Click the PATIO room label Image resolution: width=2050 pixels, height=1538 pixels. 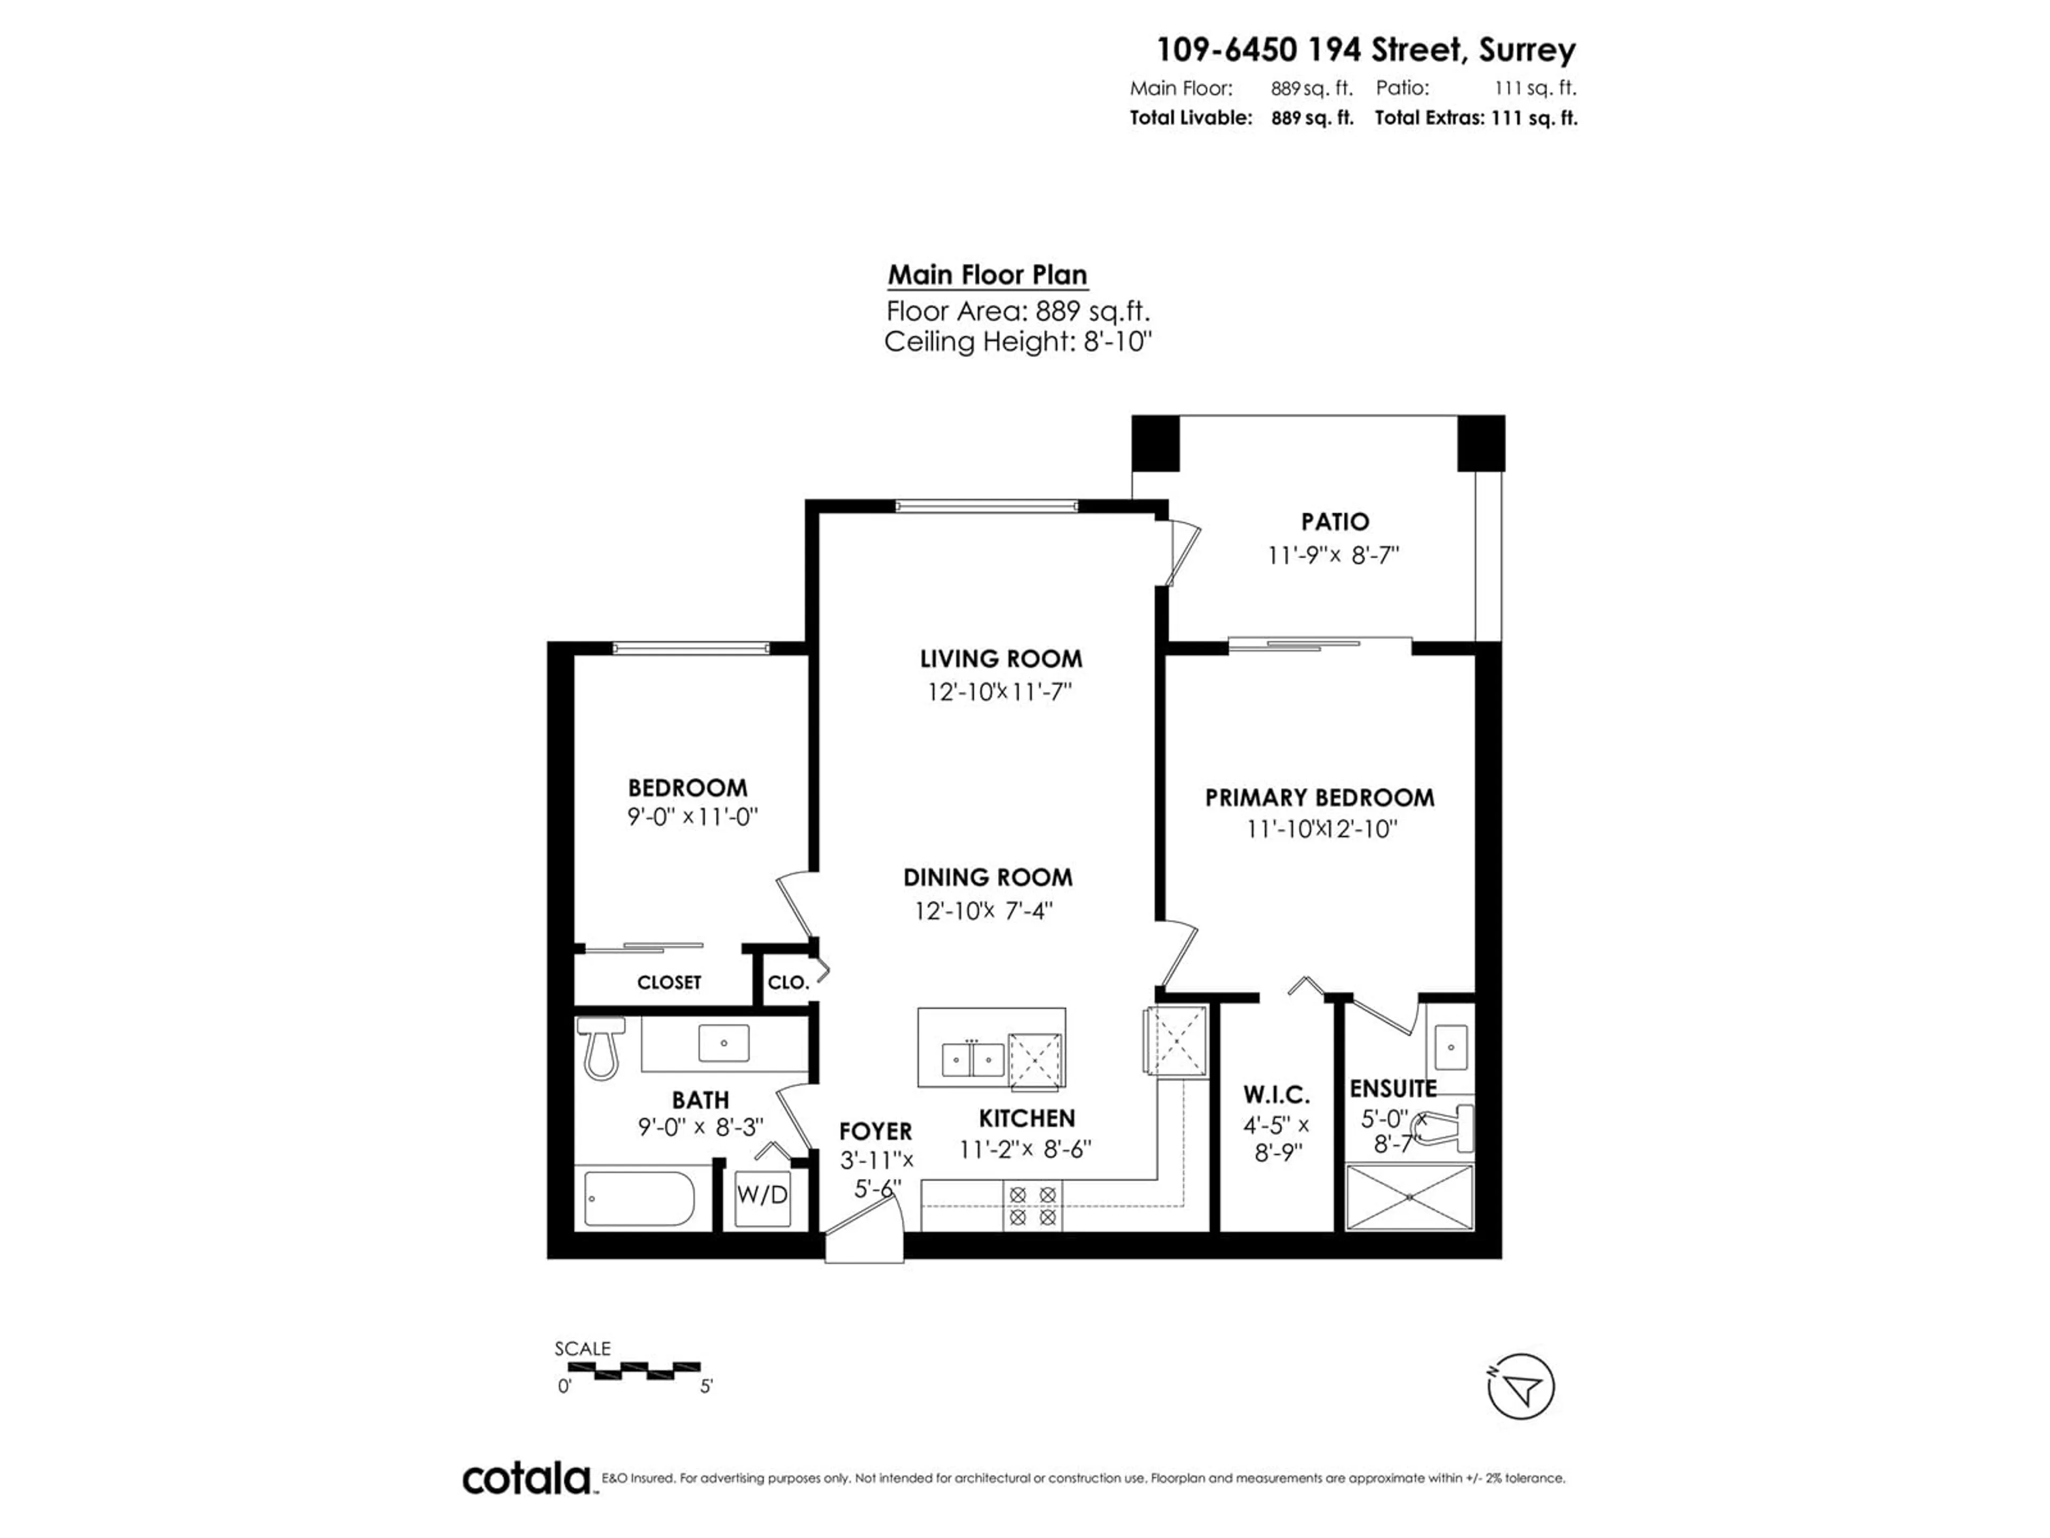pos(1335,522)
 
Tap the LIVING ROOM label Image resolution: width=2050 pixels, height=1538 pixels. pos(1001,659)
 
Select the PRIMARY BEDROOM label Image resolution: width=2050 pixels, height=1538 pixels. pos(1320,797)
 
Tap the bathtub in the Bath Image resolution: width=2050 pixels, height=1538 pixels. pos(640,1199)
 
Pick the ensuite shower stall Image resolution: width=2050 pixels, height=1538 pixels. pos(1409,1198)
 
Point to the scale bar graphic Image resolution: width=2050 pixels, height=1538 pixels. pos(627,1368)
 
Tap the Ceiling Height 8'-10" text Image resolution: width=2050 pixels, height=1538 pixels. pos(1018,342)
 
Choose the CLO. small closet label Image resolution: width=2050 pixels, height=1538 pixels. pos(789,983)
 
